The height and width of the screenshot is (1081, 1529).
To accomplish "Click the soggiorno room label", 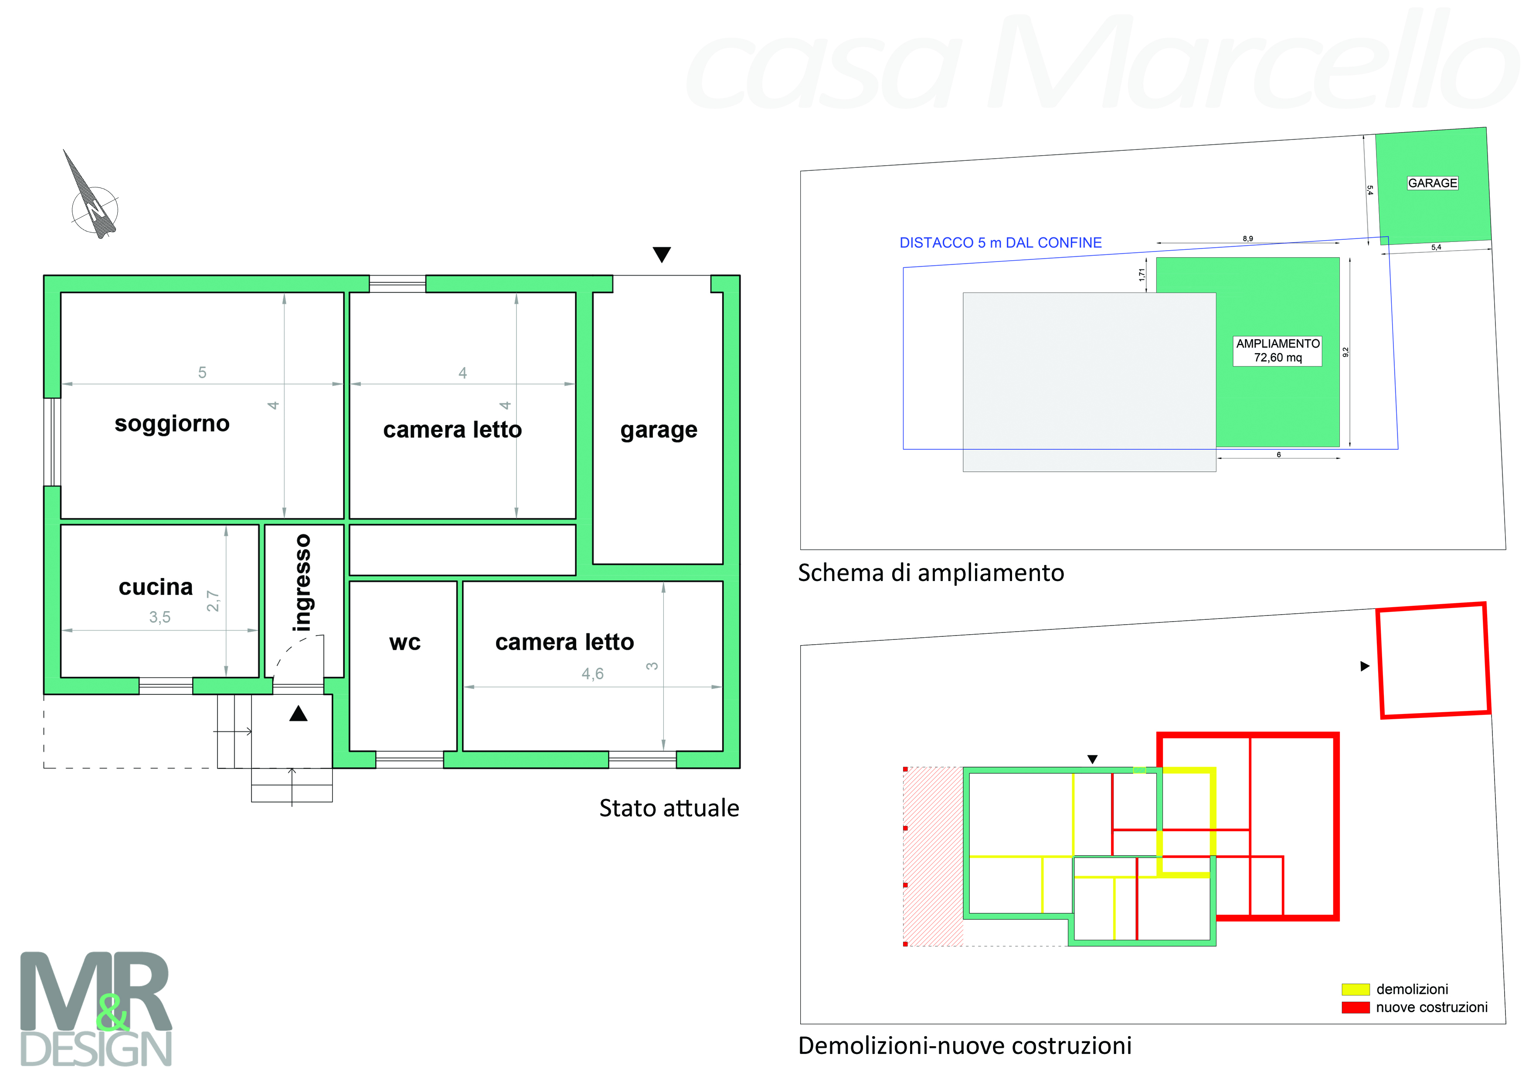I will (172, 424).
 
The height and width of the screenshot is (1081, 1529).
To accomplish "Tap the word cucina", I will (156, 587).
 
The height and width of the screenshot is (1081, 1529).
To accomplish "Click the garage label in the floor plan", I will (659, 430).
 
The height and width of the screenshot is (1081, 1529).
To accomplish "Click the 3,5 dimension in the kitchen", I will (160, 617).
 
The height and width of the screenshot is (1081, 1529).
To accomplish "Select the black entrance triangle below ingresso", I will (298, 714).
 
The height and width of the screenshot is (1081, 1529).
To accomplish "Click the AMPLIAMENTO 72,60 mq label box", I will (1277, 350).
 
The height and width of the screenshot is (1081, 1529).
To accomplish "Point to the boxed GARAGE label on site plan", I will (1432, 183).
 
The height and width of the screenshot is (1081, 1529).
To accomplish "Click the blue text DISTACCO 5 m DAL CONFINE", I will (1000, 242).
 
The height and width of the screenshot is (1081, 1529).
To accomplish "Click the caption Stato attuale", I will (669, 808).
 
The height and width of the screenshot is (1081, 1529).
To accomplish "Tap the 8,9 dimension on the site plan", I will (1247, 238).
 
